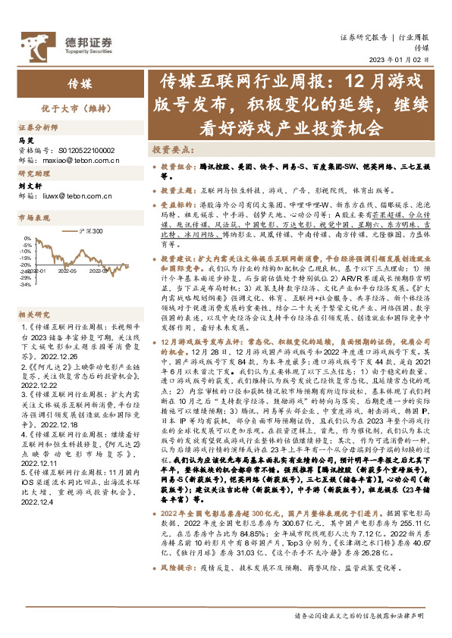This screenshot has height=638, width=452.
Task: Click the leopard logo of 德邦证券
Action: point(35,42)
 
